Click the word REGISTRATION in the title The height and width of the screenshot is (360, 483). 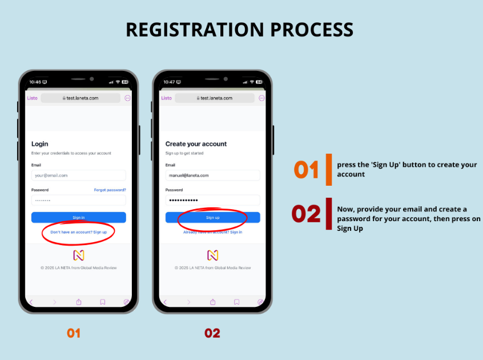[195, 30]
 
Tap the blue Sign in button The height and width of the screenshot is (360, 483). [79, 217]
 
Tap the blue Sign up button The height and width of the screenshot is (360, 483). [212, 217]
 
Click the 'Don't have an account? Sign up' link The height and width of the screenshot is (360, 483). [79, 232]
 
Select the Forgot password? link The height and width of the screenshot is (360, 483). [110, 190]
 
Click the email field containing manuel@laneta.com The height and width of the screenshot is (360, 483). [212, 175]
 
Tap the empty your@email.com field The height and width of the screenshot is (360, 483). [79, 175]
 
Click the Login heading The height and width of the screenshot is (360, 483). [40, 144]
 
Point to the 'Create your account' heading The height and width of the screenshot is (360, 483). [196, 144]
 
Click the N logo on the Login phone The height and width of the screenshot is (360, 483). [79, 255]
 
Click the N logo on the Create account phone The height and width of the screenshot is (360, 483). [212, 255]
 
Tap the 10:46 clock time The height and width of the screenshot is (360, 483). [35, 82]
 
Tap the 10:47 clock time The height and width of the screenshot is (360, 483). [169, 82]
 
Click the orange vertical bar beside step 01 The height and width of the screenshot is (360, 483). [329, 170]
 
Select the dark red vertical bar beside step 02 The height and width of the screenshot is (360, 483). [329, 214]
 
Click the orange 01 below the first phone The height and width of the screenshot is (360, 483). [74, 333]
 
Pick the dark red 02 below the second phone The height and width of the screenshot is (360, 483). [212, 333]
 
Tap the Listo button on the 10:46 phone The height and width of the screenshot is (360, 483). [33, 98]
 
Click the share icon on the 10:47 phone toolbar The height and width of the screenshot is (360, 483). [212, 302]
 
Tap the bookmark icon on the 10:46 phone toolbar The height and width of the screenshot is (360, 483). [103, 302]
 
